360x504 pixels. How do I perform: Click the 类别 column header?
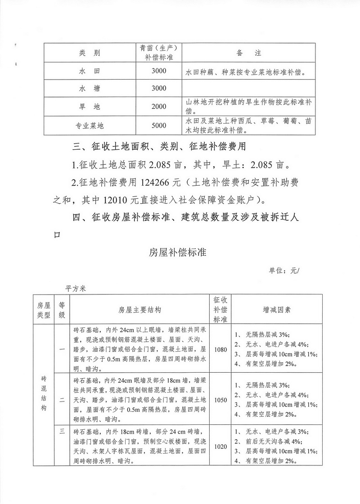(90, 53)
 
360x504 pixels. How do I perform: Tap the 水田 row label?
(90, 71)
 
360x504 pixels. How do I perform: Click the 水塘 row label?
(90, 89)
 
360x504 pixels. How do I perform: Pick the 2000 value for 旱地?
(159, 107)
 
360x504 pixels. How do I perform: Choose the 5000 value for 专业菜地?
(159, 125)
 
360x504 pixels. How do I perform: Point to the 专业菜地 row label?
(90, 125)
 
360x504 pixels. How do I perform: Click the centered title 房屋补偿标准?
(177, 252)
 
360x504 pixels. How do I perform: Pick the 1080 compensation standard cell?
(220, 349)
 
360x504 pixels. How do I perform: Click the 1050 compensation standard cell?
(220, 399)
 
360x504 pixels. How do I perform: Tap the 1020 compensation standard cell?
(220, 447)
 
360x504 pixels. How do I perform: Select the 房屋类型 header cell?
(45, 310)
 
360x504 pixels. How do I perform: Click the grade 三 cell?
(62, 432)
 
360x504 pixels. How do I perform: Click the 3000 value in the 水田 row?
(159, 71)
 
